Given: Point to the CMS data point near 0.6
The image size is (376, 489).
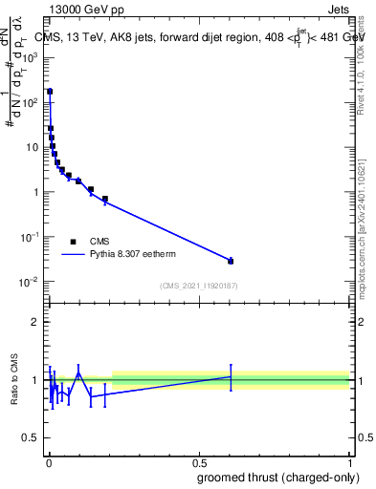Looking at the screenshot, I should [231, 261].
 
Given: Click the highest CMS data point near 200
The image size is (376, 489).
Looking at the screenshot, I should [50, 92].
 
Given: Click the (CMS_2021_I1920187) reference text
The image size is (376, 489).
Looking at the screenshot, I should [199, 286].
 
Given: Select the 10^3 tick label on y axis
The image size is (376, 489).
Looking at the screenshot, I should [31, 57].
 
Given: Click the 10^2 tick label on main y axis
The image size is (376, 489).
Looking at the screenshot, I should [31, 102].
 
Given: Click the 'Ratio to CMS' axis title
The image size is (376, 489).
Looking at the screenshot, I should [14, 379].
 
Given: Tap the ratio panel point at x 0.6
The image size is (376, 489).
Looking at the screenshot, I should [231, 376].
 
